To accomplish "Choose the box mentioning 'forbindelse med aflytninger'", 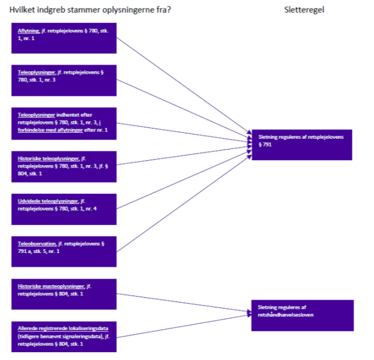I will tap(63, 123).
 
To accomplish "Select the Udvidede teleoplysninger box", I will tap(63, 207).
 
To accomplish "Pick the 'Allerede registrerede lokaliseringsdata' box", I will tap(63, 337).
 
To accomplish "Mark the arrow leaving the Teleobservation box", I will tap(180, 200).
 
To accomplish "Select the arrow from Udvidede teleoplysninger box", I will tap(180, 178).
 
